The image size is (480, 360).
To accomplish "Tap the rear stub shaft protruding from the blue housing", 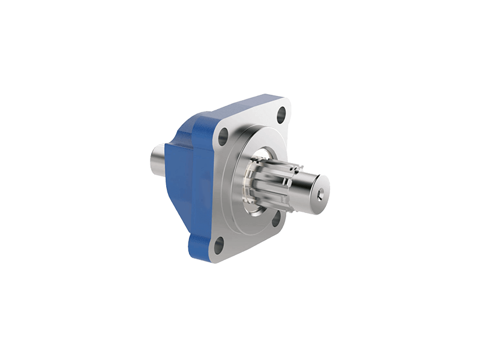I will [160, 157].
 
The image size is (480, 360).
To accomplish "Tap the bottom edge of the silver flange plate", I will [240, 257].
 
